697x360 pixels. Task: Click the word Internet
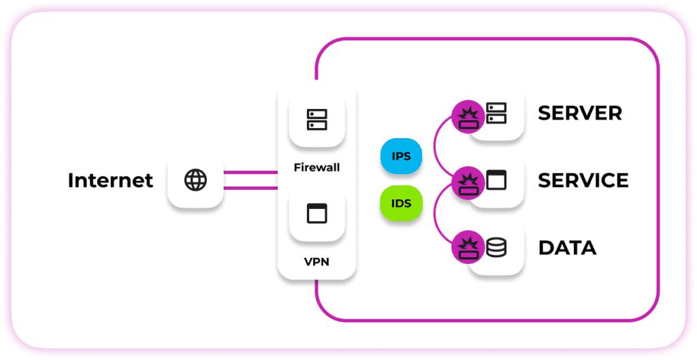[110, 180]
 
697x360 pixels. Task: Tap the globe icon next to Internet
[195, 180]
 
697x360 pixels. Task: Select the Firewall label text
[317, 167]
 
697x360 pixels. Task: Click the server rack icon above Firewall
[317, 119]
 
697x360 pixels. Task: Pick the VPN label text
[317, 261]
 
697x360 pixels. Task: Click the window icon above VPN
[317, 214]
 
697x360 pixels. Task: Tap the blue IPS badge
[402, 157]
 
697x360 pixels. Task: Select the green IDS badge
[402, 203]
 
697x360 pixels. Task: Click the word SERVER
[580, 113]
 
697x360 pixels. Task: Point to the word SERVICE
[583, 180]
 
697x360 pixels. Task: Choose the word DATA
[567, 248]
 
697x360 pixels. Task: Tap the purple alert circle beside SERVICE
[468, 182]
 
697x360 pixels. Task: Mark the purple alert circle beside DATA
[468, 248]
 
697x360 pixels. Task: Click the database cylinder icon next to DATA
[496, 247]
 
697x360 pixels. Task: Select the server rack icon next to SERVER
[496, 114]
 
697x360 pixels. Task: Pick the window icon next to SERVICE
[496, 180]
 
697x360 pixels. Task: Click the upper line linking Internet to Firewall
[250, 172]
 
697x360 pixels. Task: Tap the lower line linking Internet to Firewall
[250, 188]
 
